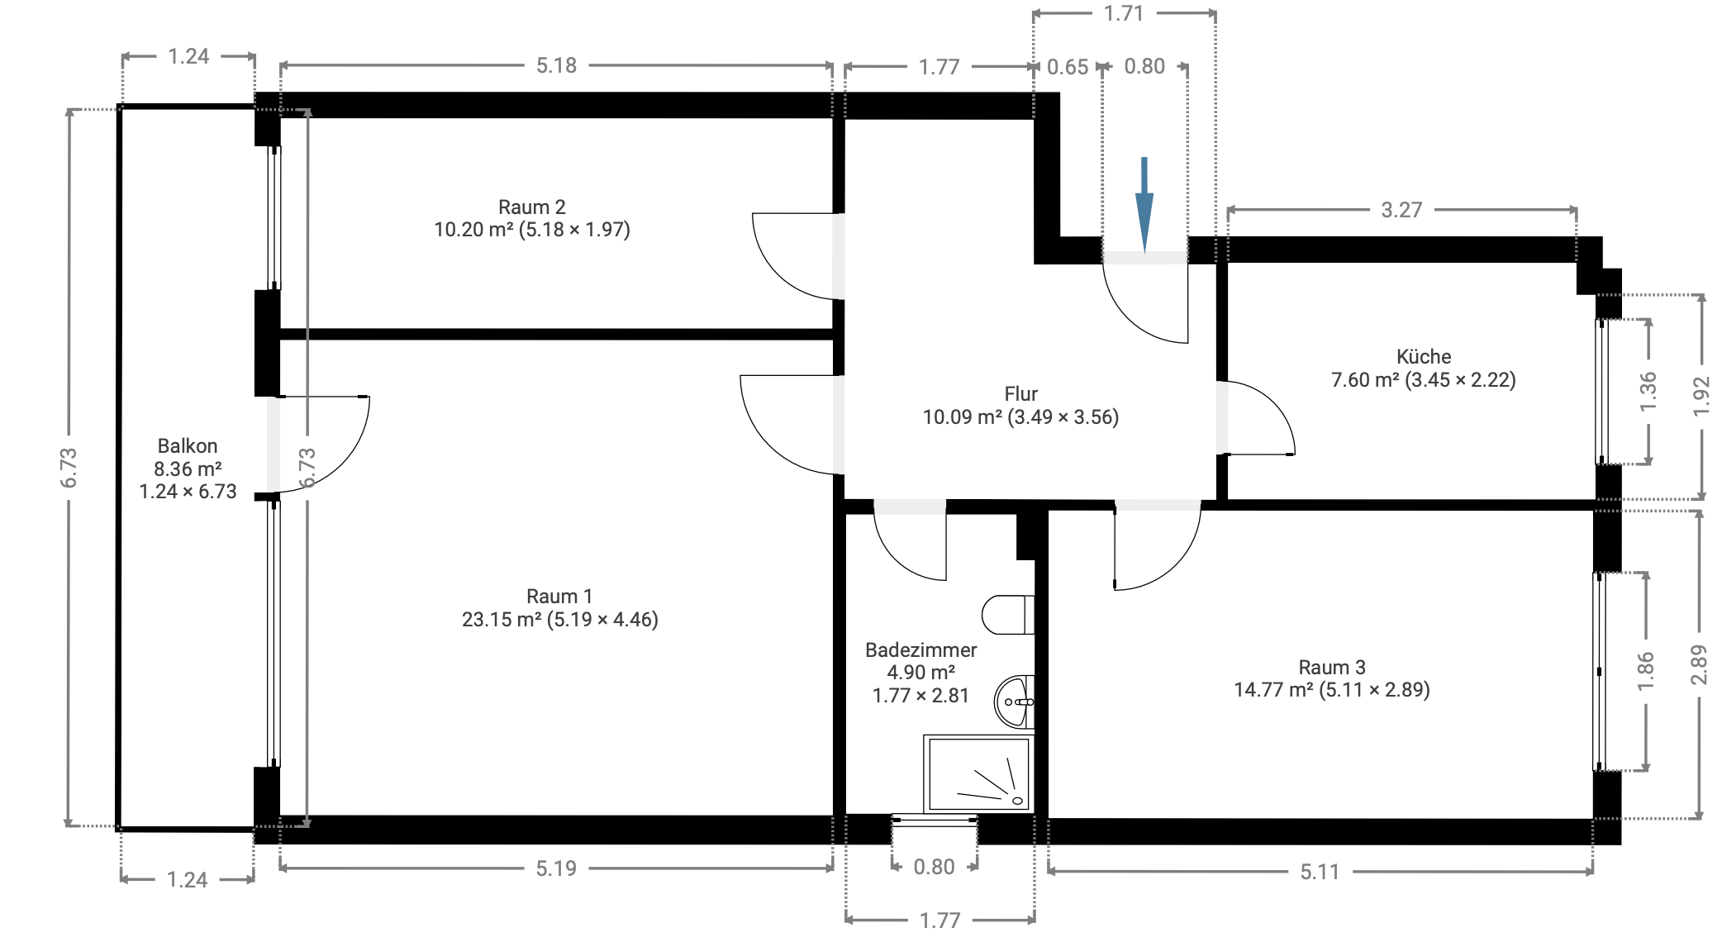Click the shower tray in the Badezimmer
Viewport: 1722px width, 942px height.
tap(978, 773)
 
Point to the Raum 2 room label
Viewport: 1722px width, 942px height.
tap(531, 207)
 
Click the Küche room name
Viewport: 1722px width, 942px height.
tap(1423, 357)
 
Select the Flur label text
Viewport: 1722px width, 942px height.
tap(1020, 394)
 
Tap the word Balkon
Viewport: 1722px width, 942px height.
tap(188, 446)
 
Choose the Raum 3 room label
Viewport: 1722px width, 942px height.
tap(1331, 667)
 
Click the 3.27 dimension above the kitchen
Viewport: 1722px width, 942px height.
tap(1401, 210)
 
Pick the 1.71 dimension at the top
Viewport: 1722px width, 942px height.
tap(1123, 14)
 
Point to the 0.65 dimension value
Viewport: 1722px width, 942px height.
tap(1067, 67)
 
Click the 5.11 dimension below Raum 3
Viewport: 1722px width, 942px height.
tap(1319, 872)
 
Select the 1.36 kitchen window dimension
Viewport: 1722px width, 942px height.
tap(1648, 392)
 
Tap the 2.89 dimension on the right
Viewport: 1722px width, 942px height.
tap(1698, 664)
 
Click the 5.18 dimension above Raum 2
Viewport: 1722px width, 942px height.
tap(556, 66)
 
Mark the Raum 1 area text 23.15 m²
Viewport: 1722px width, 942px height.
tap(501, 620)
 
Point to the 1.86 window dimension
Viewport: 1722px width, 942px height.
tap(1645, 671)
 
